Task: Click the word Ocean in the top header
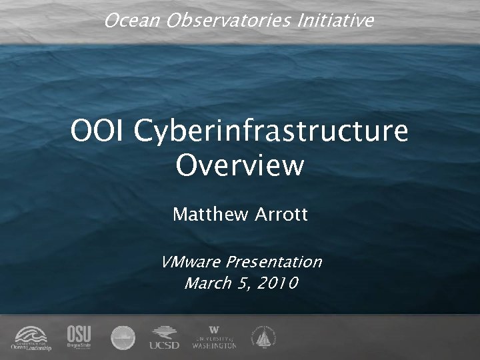pos(125,21)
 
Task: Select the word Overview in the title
pos(240,165)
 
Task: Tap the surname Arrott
pos(281,215)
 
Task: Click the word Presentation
pos(274,261)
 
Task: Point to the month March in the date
pos(206,283)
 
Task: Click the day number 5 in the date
pos(242,283)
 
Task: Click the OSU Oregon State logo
pos(79,337)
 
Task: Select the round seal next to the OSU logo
pos(123,337)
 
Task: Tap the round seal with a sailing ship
pos(262,337)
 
